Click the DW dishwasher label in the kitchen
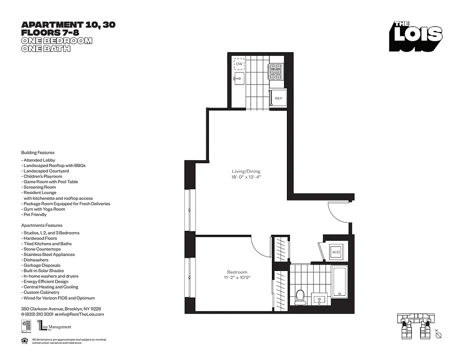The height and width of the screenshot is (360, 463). [x=239, y=64]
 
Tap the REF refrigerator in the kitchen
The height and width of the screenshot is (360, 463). [x=278, y=98]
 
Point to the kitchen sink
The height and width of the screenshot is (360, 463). [x=238, y=80]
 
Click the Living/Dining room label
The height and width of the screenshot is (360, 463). [x=246, y=171]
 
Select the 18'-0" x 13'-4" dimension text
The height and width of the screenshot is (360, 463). [x=246, y=177]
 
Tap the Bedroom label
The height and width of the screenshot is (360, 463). [x=237, y=272]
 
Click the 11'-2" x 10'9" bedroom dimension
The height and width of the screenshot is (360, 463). [x=237, y=278]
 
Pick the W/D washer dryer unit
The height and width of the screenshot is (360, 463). [x=336, y=252]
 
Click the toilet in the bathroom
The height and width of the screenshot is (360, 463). [x=300, y=296]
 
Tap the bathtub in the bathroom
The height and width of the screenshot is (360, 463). [x=339, y=281]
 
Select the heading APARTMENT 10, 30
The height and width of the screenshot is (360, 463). [x=68, y=25]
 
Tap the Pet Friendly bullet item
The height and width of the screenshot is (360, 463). [x=35, y=215]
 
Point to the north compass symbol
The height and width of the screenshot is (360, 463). [x=439, y=336]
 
